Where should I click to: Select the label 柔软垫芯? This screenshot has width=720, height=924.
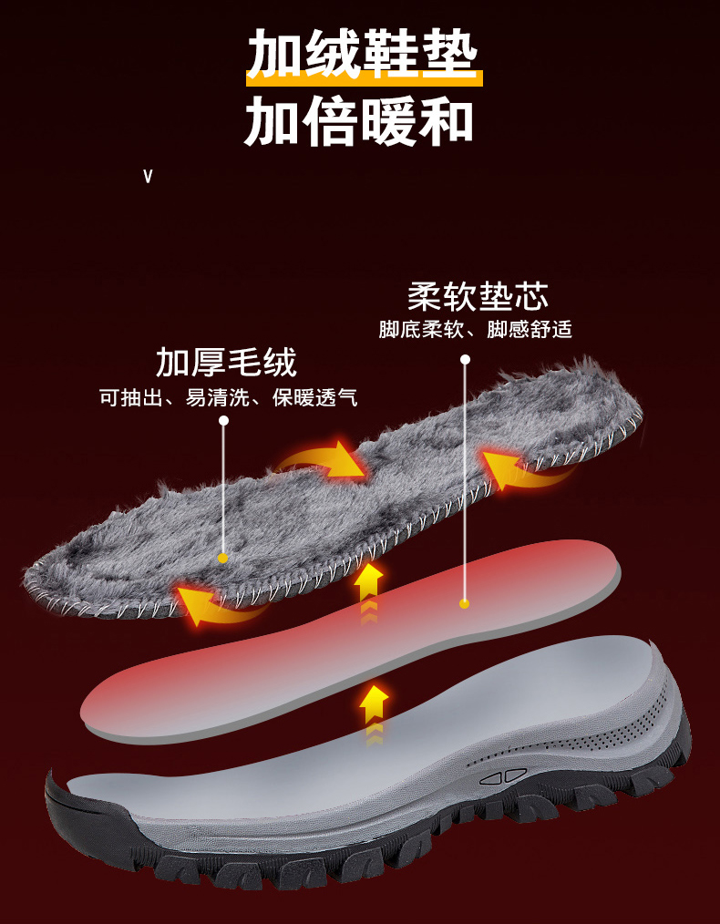pos(478,297)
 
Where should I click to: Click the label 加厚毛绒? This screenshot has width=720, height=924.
pos(226,363)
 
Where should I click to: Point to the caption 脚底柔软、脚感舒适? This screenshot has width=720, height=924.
pos(475,330)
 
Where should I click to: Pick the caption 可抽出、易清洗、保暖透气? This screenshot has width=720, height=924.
pos(228,397)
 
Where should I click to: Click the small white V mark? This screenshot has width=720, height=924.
pos(148,176)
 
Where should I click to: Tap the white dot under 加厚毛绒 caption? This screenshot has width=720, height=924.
pos(223,420)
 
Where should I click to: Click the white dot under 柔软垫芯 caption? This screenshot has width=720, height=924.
pos(465,360)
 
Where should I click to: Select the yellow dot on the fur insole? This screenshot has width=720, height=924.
pos(222,558)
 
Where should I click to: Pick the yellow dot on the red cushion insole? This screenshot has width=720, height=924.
pos(464,603)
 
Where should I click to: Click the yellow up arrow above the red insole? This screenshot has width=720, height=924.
pos(368,584)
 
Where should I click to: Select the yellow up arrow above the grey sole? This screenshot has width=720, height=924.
pos(373,707)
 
